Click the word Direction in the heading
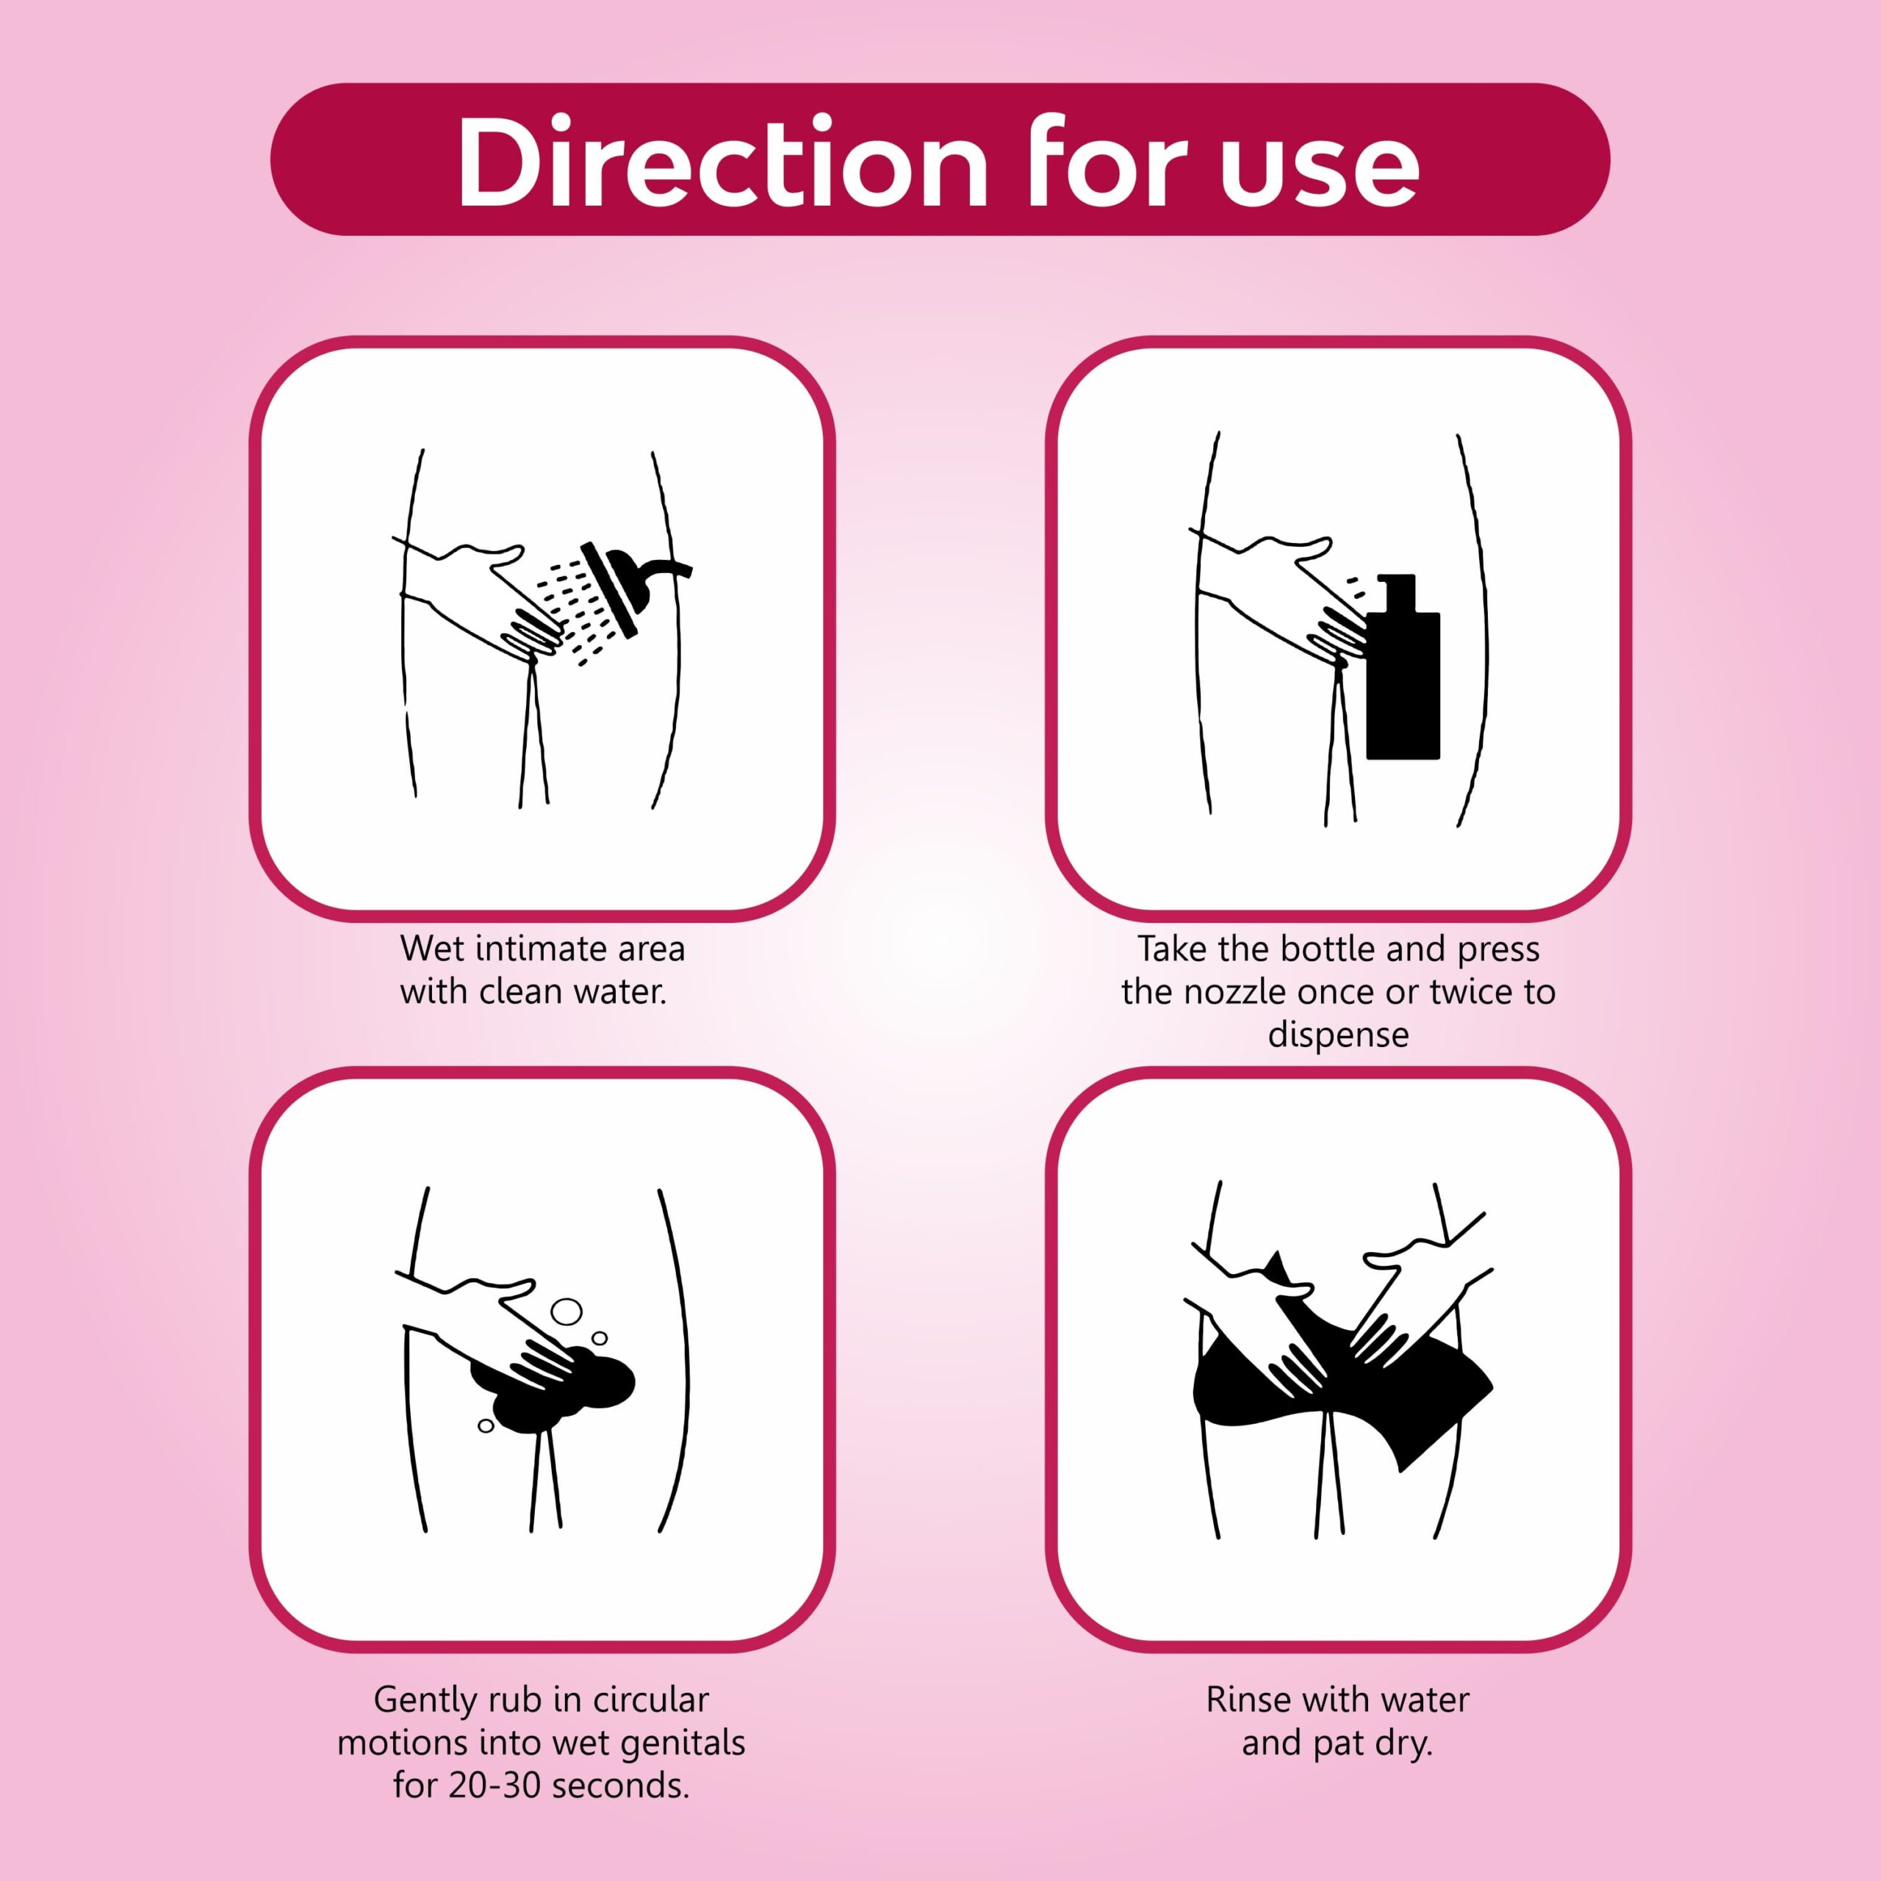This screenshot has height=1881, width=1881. tap(724, 162)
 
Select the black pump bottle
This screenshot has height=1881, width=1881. tap(1402, 667)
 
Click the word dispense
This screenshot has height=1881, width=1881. tap(1339, 1035)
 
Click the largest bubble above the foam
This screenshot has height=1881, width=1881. tap(566, 1312)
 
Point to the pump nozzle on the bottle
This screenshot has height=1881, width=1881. tap(1395, 587)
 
